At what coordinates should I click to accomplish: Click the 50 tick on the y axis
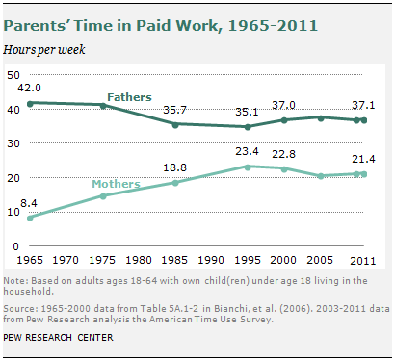[x=13, y=75]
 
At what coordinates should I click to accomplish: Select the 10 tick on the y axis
[x=13, y=212]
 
